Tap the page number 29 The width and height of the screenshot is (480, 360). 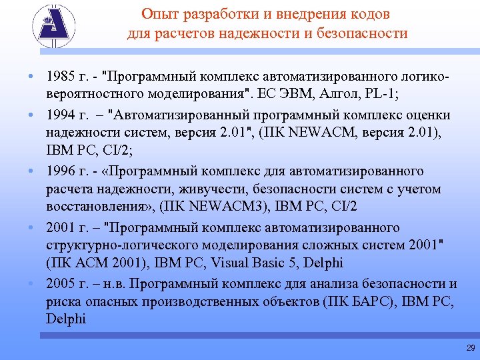(x=471, y=348)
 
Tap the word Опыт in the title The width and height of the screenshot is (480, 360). (x=157, y=14)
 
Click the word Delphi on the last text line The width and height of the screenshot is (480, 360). (x=66, y=319)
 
